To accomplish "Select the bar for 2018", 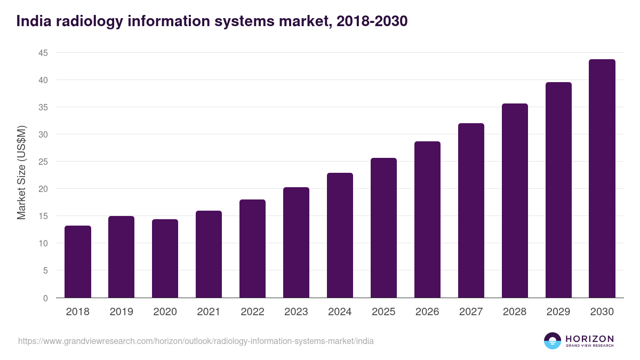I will (x=78, y=262).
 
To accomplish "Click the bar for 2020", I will (x=165, y=259).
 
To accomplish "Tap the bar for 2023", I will (x=296, y=243).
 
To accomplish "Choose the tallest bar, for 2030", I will (x=602, y=179).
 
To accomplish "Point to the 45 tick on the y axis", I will (x=43, y=53).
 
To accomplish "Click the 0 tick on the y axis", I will (x=45, y=298).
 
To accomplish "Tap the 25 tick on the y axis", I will (x=43, y=162).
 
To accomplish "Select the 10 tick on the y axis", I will (x=43, y=243).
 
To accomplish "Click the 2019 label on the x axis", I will (x=122, y=312).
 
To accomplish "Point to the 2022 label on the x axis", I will (x=252, y=312).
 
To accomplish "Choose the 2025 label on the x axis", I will (x=383, y=312).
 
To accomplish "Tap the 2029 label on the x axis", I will (x=558, y=312).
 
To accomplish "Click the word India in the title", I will (x=34, y=21).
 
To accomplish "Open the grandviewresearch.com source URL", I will (x=196, y=341).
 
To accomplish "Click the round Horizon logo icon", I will (x=553, y=341).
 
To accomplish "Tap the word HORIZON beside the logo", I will (x=589, y=339).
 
